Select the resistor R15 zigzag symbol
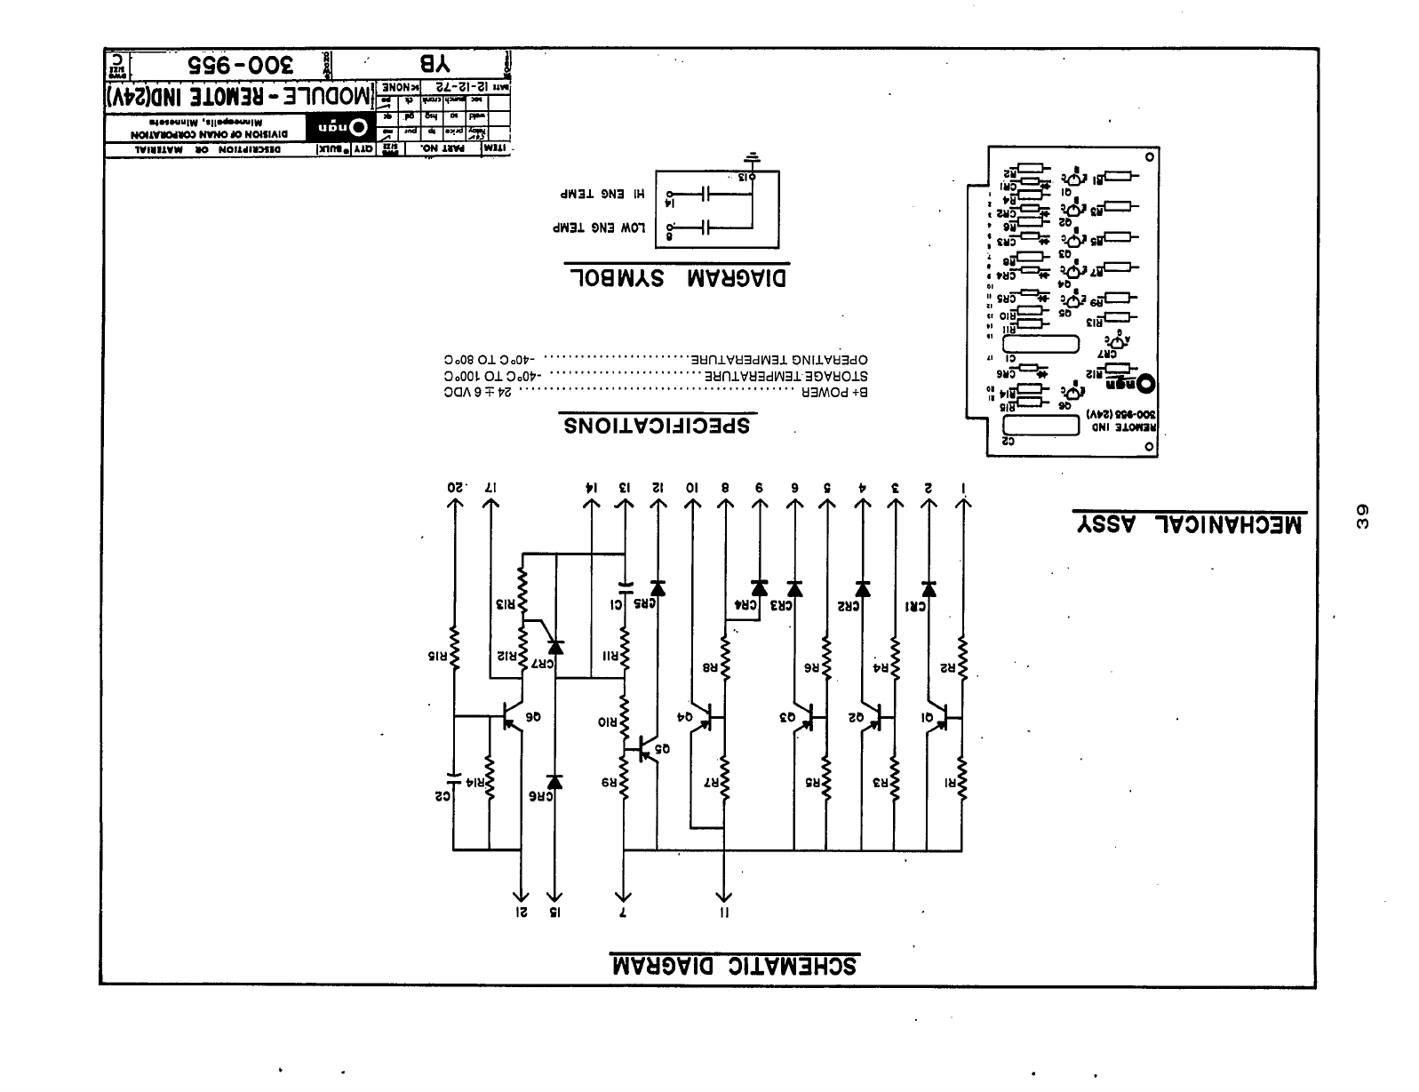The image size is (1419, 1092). [x=453, y=647]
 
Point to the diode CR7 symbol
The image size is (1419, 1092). [x=555, y=648]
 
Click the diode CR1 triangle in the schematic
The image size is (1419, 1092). [x=929, y=589]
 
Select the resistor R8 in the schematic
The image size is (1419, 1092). [x=725, y=658]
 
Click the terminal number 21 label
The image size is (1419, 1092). [x=522, y=913]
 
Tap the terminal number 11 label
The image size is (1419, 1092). [x=725, y=913]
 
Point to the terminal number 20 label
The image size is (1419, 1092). [x=455, y=488]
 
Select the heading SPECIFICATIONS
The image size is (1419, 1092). [x=657, y=426]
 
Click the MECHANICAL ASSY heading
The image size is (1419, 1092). [x=1189, y=524]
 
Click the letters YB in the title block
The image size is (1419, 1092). [x=434, y=64]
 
